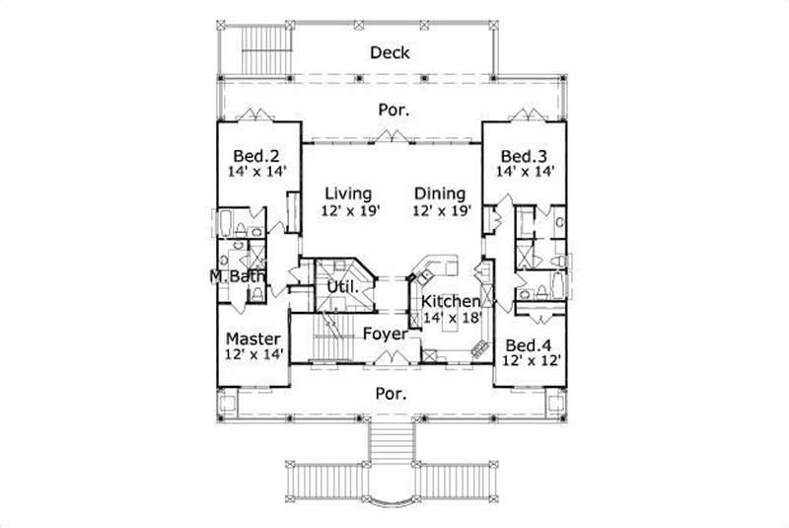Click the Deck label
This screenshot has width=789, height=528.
pyautogui.click(x=390, y=52)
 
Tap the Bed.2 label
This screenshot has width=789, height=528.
pyautogui.click(x=253, y=156)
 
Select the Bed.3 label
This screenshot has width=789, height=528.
pyautogui.click(x=523, y=156)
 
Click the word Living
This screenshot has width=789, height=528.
pyautogui.click(x=349, y=192)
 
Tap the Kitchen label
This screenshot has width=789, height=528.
pyautogui.click(x=450, y=301)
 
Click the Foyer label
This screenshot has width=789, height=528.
pyautogui.click(x=385, y=334)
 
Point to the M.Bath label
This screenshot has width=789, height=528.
pyautogui.click(x=237, y=276)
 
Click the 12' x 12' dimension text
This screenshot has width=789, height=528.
pyautogui.click(x=533, y=361)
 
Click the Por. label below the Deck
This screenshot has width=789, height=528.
pyautogui.click(x=392, y=111)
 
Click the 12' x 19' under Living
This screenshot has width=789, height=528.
pyautogui.click(x=349, y=209)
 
